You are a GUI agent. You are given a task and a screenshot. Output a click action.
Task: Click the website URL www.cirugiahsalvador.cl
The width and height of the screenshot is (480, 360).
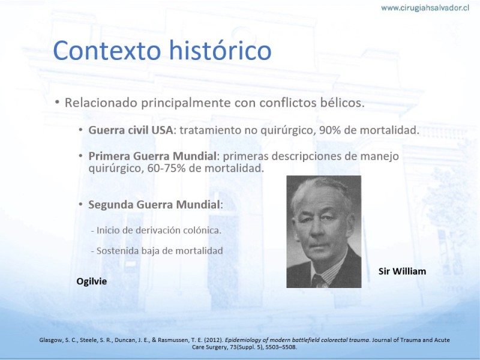coord(425,8)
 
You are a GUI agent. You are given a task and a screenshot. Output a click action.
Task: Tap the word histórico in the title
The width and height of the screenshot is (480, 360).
coord(220,50)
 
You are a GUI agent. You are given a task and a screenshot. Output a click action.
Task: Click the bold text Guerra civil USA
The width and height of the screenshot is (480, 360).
coord(131,130)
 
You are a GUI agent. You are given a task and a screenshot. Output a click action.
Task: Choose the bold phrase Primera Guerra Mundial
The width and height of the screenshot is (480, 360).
coord(152,156)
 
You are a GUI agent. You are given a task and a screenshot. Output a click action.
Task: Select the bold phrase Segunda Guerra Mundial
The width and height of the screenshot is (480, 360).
coord(154,205)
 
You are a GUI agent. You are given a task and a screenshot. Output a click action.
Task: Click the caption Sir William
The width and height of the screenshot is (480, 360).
coord(402,271)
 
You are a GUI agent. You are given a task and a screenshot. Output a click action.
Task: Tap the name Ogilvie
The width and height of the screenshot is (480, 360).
coord(92,281)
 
